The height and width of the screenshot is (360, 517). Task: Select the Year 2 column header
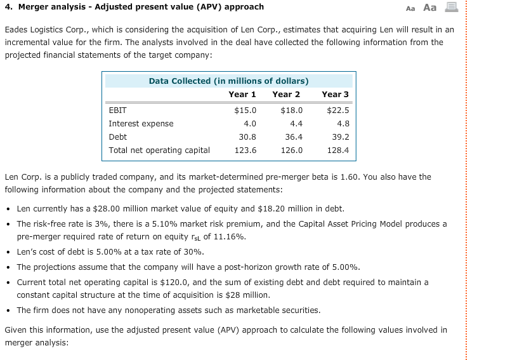(x=286, y=94)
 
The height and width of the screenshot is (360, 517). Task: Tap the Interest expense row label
(x=141, y=123)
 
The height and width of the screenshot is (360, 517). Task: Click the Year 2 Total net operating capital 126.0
(x=291, y=150)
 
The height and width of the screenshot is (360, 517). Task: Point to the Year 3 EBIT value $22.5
(x=337, y=110)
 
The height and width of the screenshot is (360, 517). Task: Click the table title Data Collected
(x=228, y=81)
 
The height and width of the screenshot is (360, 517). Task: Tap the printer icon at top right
(x=452, y=8)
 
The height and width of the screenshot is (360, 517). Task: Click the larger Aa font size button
(x=429, y=8)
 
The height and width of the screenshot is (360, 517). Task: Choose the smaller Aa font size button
(x=410, y=8)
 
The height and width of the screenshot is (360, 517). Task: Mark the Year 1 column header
(x=242, y=94)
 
